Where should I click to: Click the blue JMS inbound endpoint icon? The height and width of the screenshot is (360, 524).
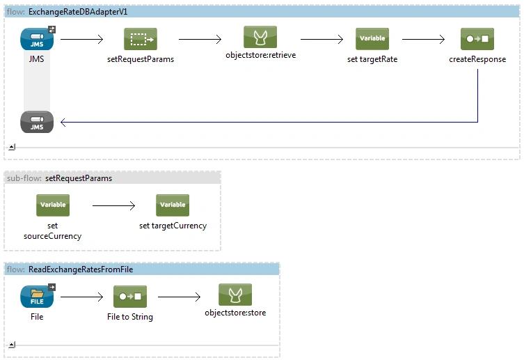37,39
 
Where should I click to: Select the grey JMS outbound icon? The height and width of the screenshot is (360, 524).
37,122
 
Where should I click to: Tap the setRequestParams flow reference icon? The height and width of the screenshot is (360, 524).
141,39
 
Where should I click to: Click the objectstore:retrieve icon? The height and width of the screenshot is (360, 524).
260,37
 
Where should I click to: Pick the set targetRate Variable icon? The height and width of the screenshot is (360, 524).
372,39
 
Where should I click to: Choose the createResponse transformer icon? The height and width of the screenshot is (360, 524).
477,39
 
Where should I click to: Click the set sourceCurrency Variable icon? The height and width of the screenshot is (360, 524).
53,205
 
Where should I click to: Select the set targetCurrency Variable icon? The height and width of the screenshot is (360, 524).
173,205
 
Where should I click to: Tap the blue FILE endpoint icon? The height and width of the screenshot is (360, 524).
37,297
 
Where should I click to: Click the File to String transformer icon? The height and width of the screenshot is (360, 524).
130,297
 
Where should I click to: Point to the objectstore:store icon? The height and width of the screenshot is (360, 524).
235,295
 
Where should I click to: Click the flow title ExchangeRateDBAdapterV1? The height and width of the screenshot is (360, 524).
78,12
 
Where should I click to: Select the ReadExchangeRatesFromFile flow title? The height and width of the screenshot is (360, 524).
81,269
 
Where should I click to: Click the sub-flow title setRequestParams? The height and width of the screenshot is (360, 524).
79,178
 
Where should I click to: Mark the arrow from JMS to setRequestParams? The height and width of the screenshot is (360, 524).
82,40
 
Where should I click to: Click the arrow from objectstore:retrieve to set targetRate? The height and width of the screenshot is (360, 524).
321,40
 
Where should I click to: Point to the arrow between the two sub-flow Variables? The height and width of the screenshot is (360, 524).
113,205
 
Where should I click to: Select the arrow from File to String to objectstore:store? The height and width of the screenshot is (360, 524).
179,297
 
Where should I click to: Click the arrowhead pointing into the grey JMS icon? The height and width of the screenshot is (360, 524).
63,122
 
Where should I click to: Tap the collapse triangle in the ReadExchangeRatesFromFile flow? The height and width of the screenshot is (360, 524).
12,345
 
